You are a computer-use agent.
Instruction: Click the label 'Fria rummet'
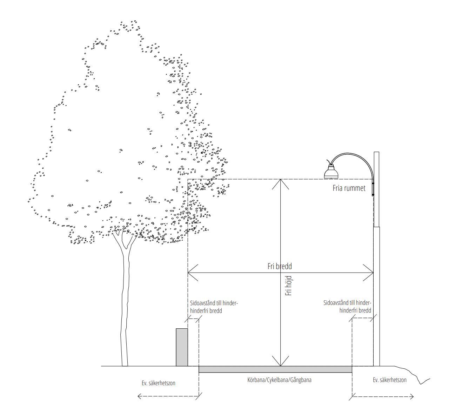point(349,188)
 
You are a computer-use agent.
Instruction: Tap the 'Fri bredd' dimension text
point(280,266)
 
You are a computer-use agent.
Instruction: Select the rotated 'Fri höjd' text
point(288,286)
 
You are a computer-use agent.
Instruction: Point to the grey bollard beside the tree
point(182,347)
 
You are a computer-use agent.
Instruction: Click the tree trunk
point(125,299)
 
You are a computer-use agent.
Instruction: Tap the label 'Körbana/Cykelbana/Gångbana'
point(279,380)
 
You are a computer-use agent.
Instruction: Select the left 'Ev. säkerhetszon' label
point(158,383)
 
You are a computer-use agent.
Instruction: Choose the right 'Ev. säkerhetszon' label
point(389,380)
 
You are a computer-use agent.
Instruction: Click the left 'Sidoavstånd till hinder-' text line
point(214,303)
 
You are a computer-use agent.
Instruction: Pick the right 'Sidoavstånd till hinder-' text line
point(347,303)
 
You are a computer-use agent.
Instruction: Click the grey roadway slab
point(275,369)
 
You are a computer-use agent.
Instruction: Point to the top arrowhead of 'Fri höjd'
point(280,184)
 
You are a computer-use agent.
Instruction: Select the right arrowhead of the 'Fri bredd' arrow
point(368,273)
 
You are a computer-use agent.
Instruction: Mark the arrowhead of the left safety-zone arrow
point(139,396)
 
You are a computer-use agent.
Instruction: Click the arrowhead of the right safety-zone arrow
point(412,396)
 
